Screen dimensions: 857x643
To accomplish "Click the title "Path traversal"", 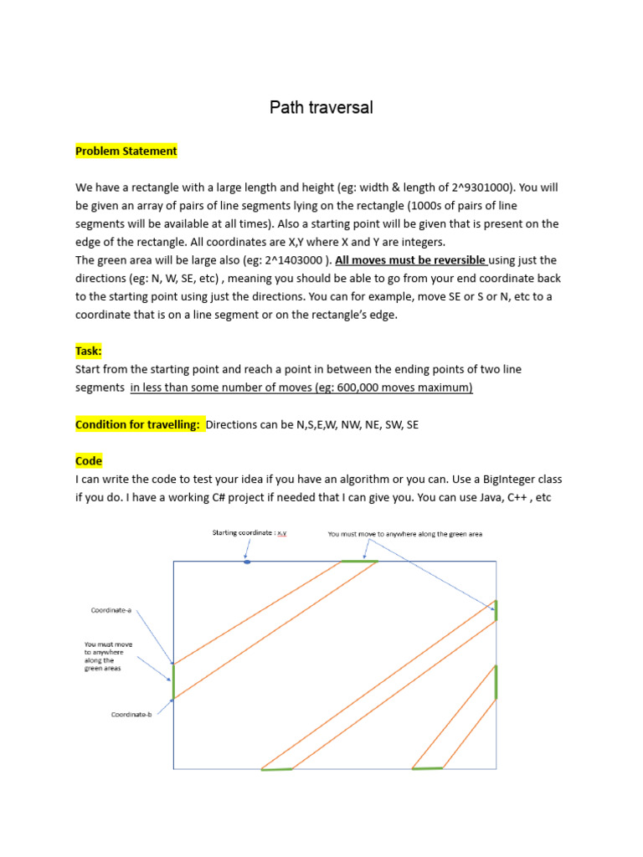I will pos(321,107).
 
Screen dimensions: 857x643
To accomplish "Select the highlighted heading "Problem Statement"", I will pos(126,151).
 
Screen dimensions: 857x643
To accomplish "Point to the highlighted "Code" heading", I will pos(89,461).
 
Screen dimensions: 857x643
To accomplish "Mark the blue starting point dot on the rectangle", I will pos(246,562).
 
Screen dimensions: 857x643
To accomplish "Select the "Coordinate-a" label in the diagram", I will pos(111,610).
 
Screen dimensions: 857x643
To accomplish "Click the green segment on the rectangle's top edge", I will pos(359,562).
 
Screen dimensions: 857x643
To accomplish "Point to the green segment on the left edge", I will pos(173,681).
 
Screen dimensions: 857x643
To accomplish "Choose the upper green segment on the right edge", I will pos(496,610).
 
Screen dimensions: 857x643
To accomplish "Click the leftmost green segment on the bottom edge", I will pos(276,768).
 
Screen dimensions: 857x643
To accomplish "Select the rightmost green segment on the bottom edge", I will pos(427,767).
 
